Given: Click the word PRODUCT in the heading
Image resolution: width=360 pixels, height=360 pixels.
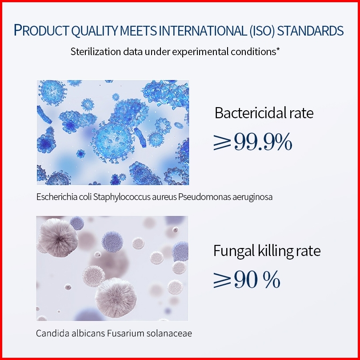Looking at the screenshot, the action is coord(41,30).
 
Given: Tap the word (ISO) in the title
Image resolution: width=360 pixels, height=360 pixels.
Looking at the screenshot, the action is coord(262,31).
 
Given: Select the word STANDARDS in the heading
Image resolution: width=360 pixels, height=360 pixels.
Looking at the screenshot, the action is coord(310,31).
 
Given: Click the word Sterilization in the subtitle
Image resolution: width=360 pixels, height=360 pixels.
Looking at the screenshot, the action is coord(96,52).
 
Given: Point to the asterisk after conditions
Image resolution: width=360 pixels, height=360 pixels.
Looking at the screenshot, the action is coord(278,50).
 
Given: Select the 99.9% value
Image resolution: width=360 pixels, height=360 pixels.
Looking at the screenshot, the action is coord(263,142).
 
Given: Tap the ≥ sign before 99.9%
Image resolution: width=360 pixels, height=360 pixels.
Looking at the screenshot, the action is coord(222,142).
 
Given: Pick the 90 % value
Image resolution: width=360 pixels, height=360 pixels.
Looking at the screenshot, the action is coord(257,279).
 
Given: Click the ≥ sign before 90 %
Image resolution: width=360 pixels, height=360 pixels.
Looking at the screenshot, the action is coord(222,280).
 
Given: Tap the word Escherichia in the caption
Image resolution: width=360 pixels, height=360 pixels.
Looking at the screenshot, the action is coord(57,197).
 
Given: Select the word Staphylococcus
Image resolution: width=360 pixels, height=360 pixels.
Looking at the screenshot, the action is coord(121,197).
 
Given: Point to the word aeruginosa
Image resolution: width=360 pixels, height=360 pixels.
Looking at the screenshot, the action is coord(252,197).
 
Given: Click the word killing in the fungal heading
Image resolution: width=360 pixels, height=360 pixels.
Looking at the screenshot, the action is coord(275,251).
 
